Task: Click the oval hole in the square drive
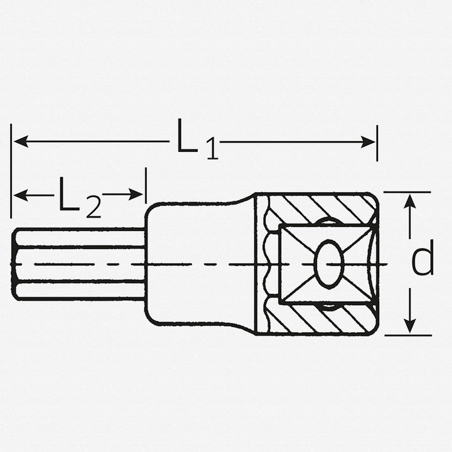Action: pos(328,263)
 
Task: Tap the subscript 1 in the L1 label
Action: pos(212,151)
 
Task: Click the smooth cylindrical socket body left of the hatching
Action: pos(201,264)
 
